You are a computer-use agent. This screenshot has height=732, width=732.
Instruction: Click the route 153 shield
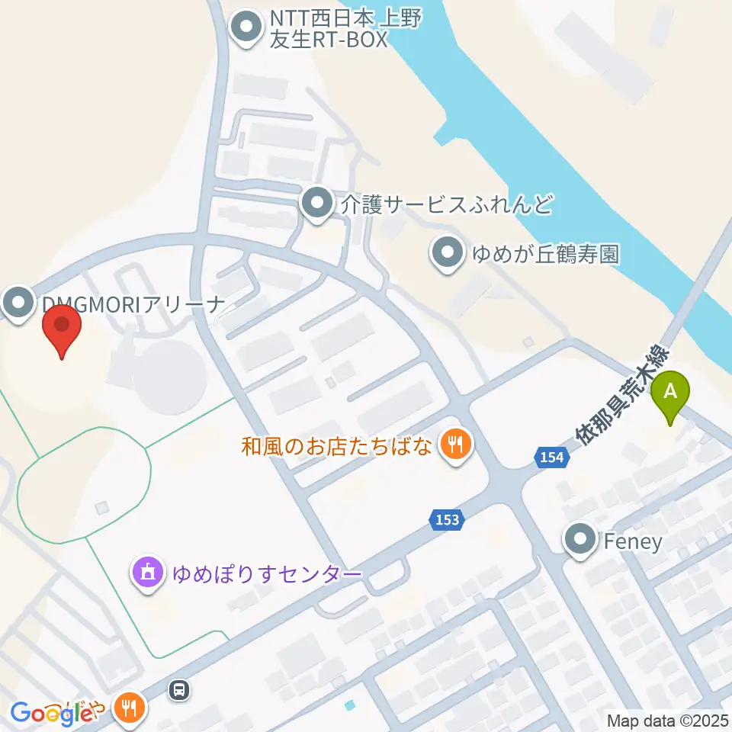pos(448,519)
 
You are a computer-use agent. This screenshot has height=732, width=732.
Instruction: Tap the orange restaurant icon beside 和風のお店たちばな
pos(456,444)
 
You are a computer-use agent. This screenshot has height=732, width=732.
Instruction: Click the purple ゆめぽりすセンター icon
pos(148,572)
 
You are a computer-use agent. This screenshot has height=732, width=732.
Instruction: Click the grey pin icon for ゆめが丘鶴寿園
pos(447,252)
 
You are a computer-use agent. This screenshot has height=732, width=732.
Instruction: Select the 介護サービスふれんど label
pos(446,204)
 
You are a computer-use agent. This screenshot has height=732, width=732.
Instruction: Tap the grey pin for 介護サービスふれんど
pos(315,203)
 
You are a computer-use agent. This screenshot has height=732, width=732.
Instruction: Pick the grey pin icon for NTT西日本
pos(246,27)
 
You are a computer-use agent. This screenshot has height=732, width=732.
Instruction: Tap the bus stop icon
pos(178,691)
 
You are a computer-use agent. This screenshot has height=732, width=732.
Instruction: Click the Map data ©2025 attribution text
pos(668,720)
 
